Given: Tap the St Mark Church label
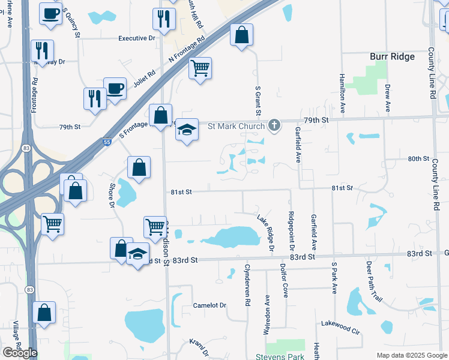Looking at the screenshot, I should [x=236, y=126].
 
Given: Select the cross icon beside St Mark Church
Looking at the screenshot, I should [x=274, y=126].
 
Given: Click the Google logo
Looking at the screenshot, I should [x=20, y=352].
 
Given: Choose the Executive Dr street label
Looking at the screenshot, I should [x=137, y=38].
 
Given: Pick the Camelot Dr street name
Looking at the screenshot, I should [x=209, y=305].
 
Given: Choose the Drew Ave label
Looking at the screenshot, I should [x=388, y=98].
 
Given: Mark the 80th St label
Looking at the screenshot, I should [x=418, y=159].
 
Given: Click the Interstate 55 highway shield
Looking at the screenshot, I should [x=107, y=141].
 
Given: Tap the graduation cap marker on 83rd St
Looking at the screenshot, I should [x=137, y=254].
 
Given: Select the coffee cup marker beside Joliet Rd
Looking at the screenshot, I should [x=115, y=89].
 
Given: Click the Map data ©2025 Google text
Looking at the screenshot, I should [x=411, y=355].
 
